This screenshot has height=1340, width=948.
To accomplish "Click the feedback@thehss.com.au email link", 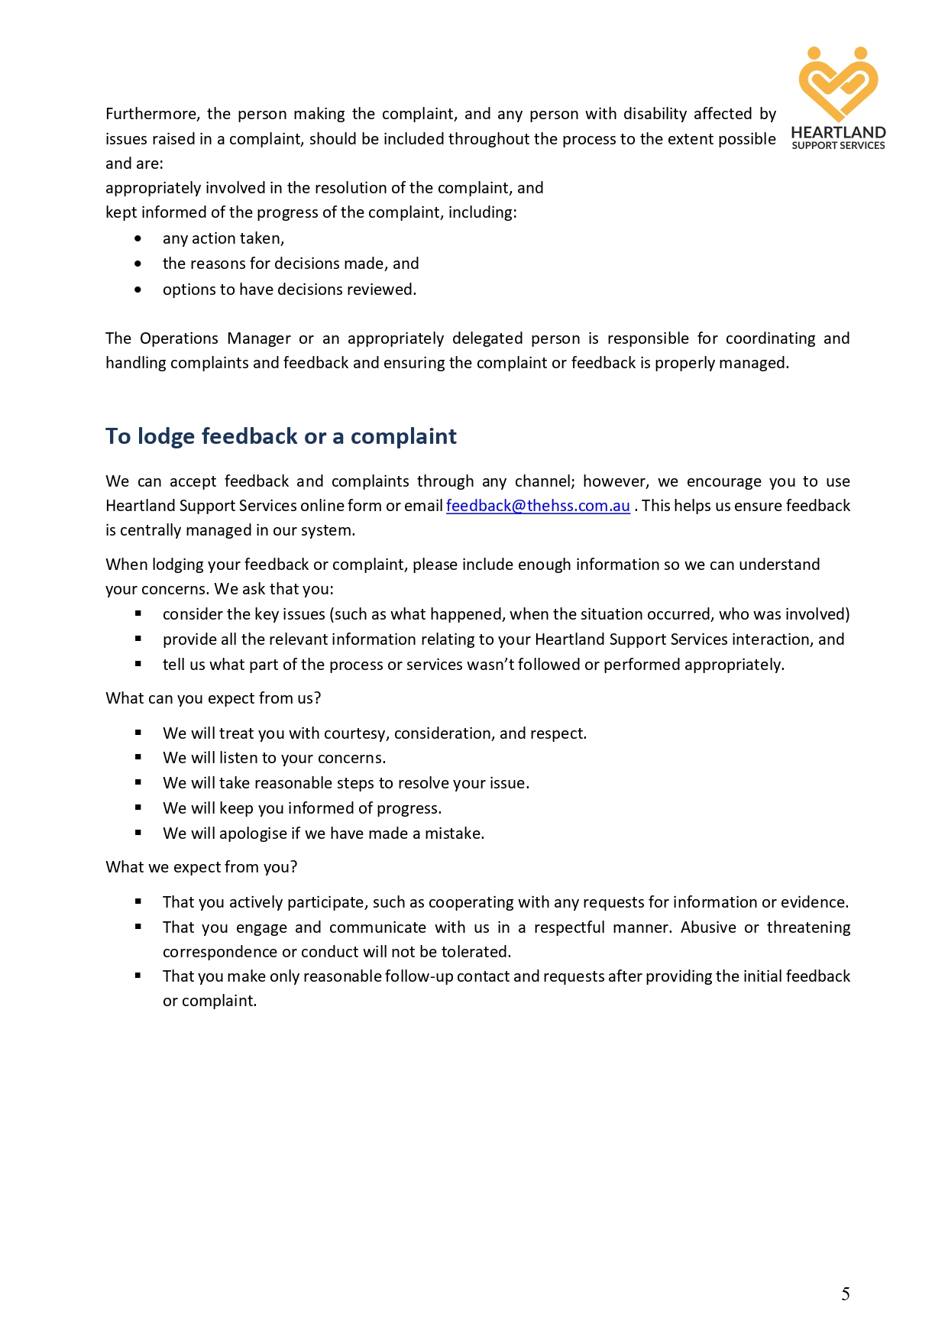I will point(538,506).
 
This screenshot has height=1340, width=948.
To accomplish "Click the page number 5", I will point(846,1293).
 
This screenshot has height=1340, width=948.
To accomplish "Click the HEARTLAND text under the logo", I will point(838,132).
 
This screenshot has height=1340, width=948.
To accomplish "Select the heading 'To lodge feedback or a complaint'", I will point(280,436).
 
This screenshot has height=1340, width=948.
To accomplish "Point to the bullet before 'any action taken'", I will point(138,238).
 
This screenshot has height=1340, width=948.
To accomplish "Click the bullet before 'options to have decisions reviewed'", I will point(138,290).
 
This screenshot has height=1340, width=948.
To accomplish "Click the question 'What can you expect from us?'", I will point(213,698).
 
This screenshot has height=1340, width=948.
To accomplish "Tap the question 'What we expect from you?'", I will point(201,867).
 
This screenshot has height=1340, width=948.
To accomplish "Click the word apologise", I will point(253,833).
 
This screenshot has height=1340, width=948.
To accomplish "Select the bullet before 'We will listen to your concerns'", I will point(138,758).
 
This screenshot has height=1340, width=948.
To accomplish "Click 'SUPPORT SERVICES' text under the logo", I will point(838,145).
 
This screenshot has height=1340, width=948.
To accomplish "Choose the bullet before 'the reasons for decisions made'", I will point(138,264).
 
